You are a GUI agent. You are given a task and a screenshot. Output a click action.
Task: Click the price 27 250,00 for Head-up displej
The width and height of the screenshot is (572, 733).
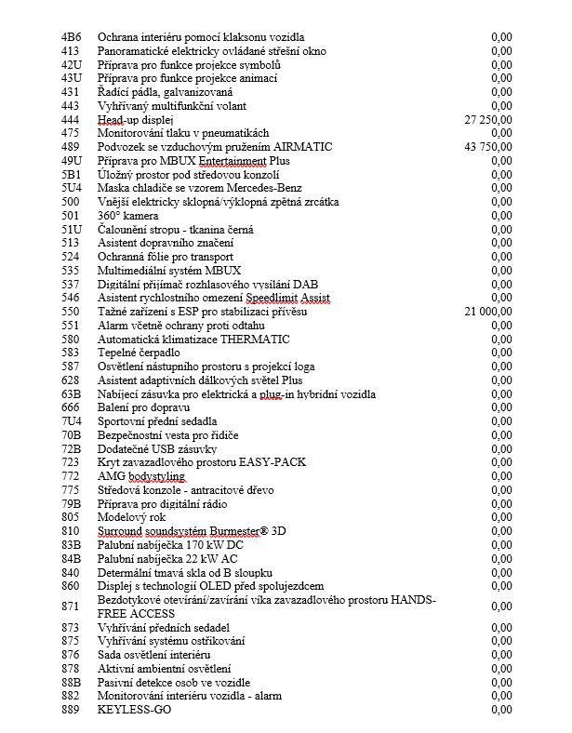click(487, 120)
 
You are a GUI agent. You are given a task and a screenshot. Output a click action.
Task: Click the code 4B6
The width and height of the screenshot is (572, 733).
click(70, 37)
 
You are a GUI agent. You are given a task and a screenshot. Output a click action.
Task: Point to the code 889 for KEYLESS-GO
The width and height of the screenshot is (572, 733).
click(71, 710)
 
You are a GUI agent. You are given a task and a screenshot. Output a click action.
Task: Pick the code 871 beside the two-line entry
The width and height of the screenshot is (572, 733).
click(71, 606)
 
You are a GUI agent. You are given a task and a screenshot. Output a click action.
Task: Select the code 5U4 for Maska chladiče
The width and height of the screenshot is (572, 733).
click(71, 189)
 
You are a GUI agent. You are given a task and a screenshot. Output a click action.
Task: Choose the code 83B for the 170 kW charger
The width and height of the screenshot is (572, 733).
click(71, 545)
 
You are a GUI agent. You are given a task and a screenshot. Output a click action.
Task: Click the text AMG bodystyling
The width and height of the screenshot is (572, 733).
click(141, 476)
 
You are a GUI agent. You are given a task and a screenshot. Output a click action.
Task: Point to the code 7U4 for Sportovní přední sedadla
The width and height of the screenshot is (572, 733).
click(71, 421)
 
